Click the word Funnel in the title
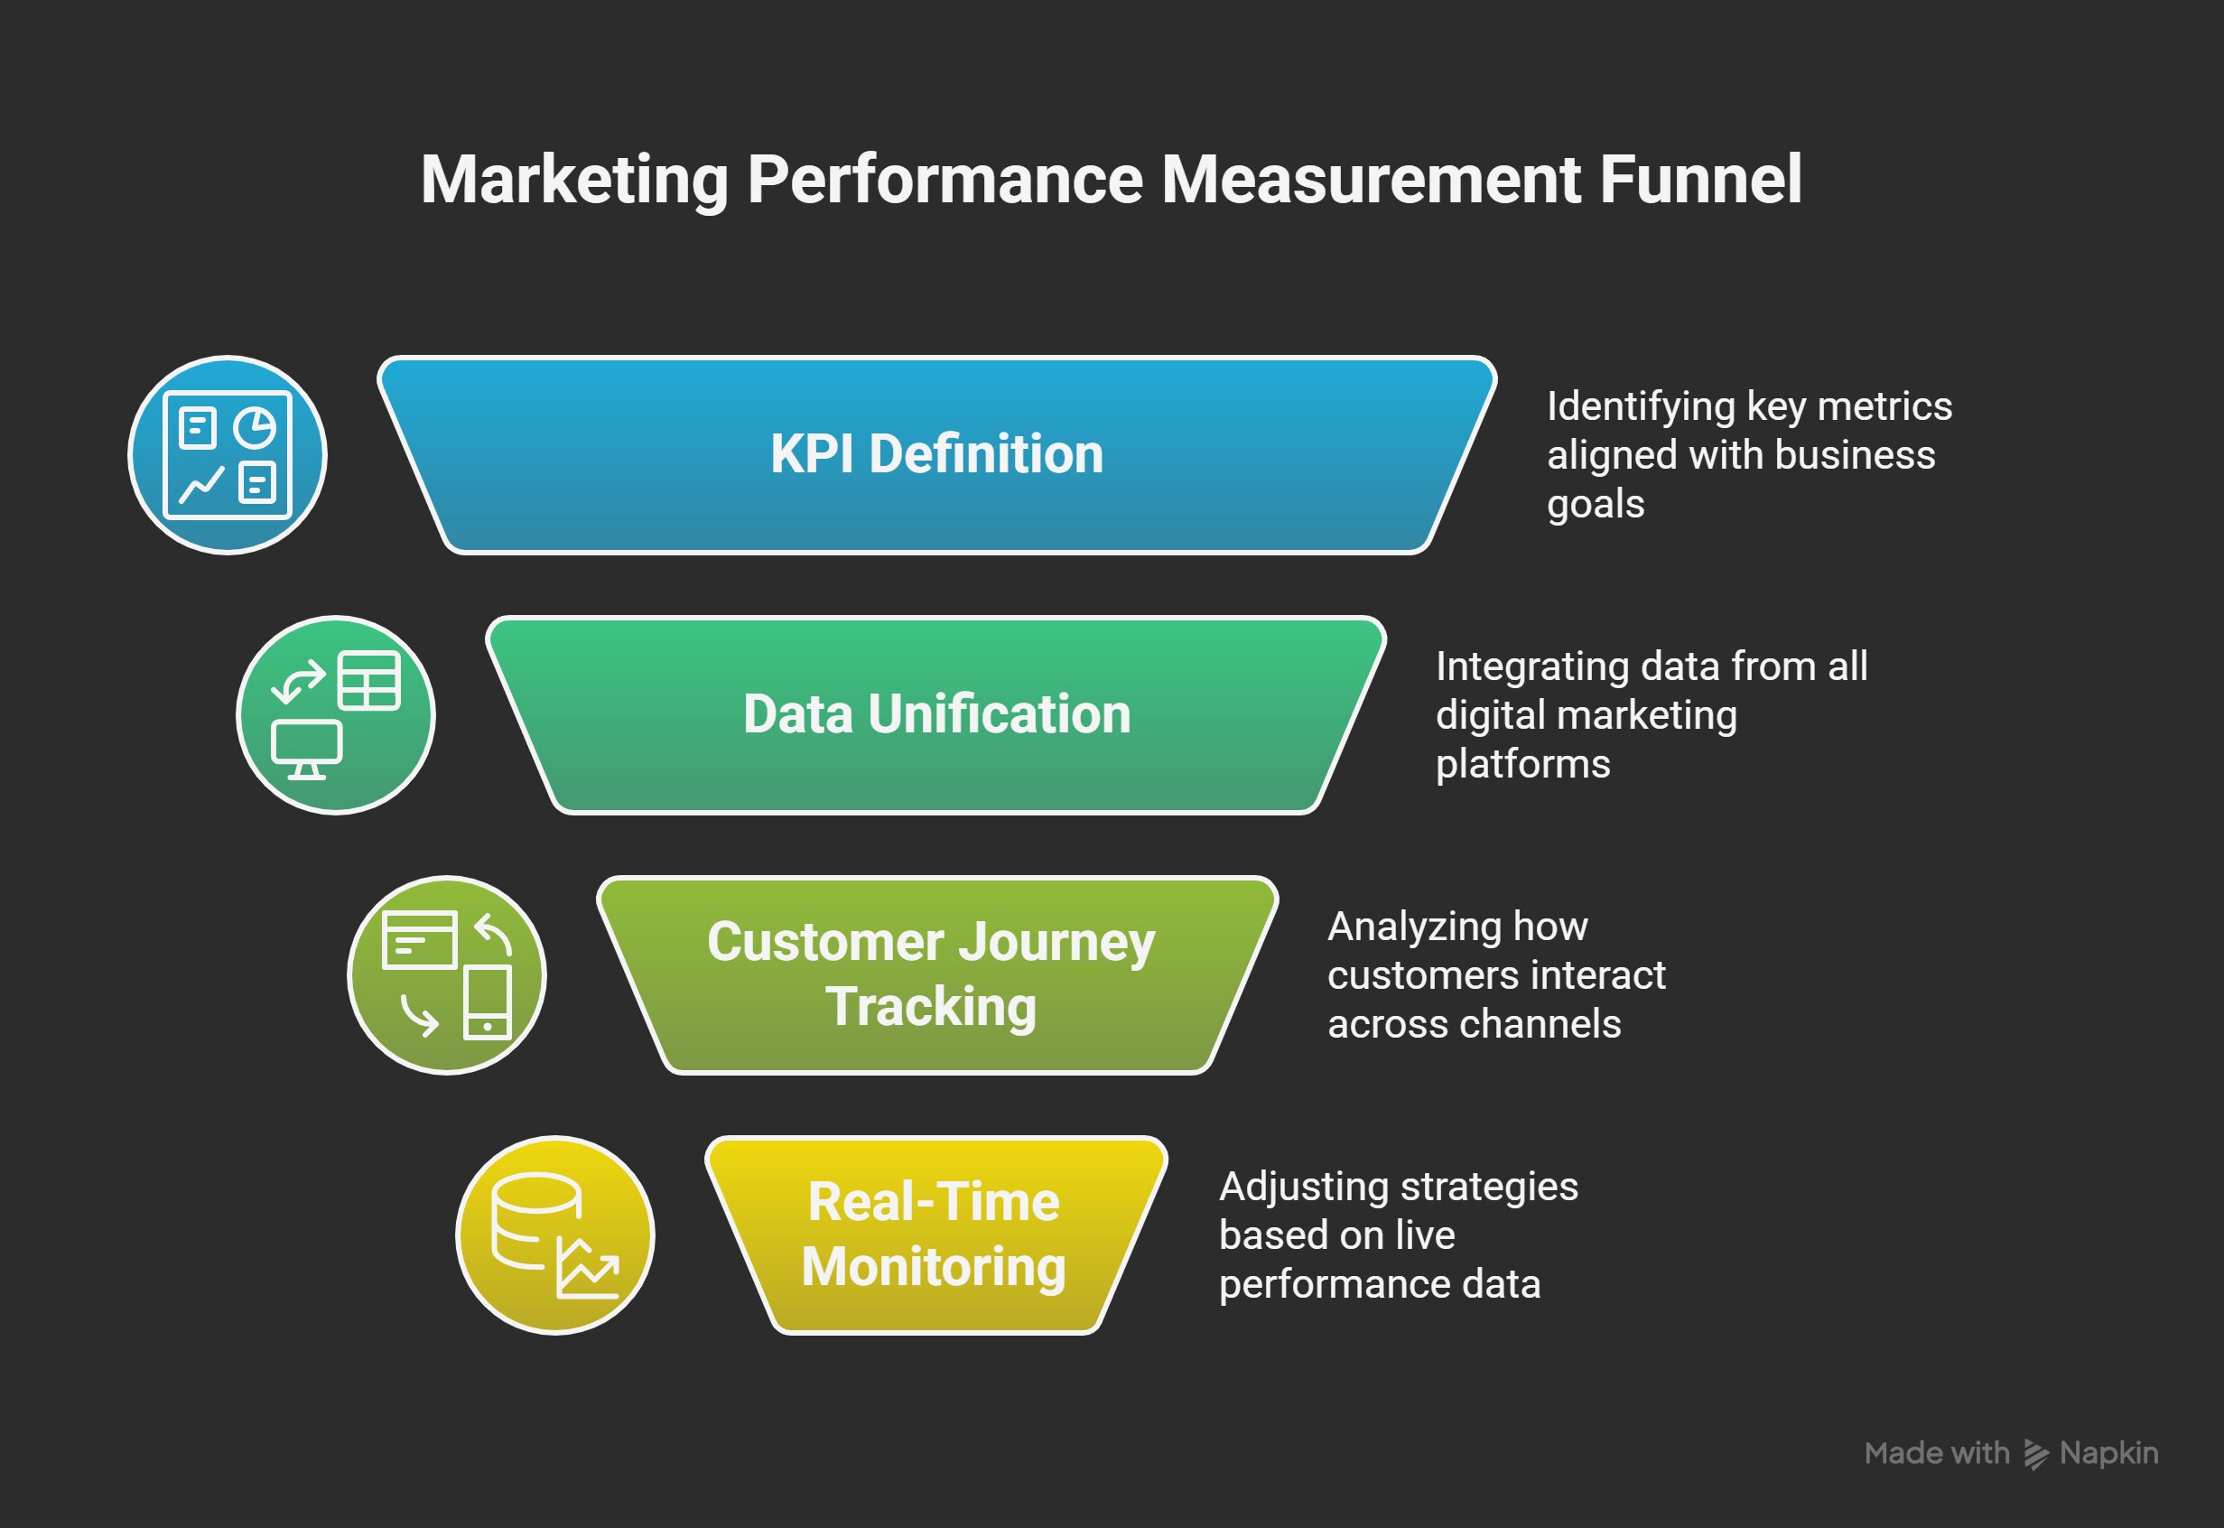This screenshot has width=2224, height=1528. pos(1701,179)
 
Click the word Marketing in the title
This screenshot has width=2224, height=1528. pos(574,180)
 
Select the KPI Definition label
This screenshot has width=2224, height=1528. pos(936,454)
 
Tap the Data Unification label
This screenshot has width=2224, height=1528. pos(936,714)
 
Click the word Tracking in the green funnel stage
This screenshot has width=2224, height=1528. pos(931,1007)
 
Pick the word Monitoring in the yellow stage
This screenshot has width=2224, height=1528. pos(934,1267)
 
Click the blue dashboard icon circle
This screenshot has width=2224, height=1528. pos(228,455)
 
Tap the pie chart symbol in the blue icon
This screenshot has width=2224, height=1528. pos(255,427)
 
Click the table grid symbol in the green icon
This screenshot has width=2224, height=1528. pos(368,681)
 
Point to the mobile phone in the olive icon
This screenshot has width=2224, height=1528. pos(488,1002)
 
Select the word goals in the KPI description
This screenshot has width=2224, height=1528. pos(1595,505)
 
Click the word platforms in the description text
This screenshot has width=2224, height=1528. pos(1523,764)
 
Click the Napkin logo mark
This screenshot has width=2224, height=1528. pos(2035,1453)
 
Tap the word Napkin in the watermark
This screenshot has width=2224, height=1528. pos(2108,1453)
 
